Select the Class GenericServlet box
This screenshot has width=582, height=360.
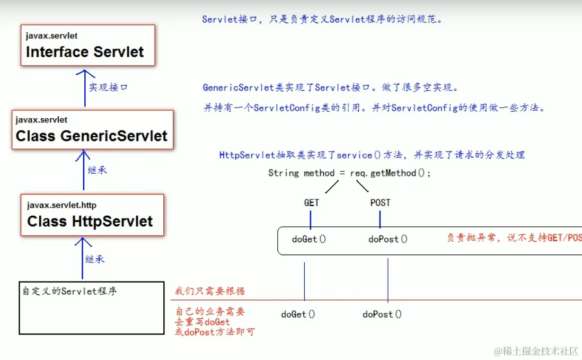coord(93,129)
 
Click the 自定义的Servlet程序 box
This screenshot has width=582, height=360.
coord(91,308)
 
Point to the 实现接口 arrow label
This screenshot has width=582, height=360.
coord(108,87)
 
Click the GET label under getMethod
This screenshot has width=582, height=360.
coord(311,203)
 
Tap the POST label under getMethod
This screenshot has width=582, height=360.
coord(380,203)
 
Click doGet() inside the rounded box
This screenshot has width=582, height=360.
coord(308,239)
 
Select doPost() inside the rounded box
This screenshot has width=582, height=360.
coord(388,239)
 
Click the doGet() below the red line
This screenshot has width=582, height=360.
coord(298,314)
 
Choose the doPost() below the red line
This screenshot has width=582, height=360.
coord(382,314)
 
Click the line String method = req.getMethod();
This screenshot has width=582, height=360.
coord(350,173)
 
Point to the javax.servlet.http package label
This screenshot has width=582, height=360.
coord(61,205)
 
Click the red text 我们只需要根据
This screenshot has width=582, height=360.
coord(210,291)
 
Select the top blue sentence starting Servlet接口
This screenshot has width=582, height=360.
coord(322,20)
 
